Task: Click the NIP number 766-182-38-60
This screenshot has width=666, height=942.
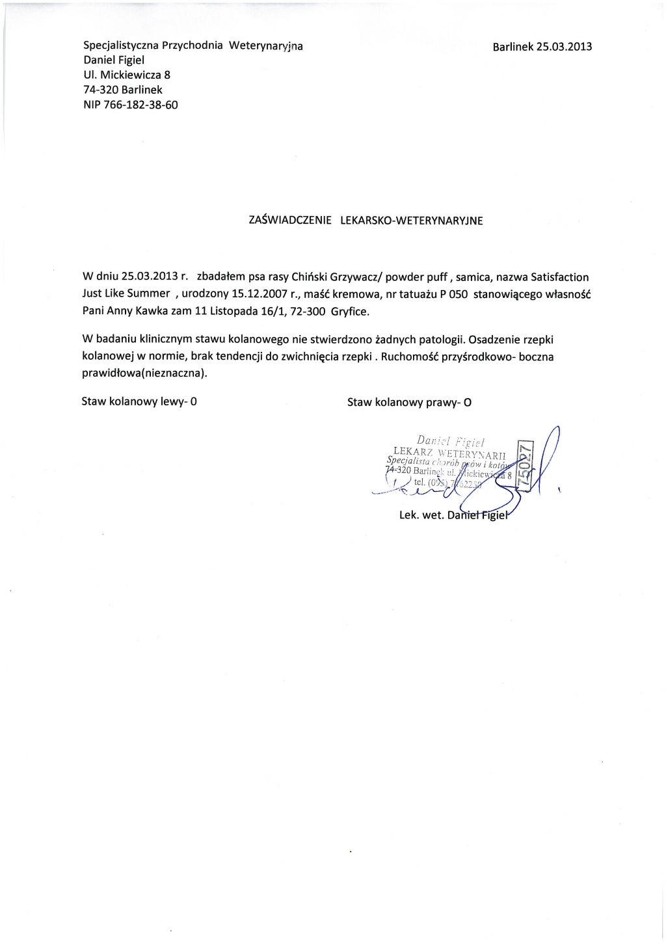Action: (140, 105)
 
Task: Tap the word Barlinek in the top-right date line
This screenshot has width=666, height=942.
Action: (513, 47)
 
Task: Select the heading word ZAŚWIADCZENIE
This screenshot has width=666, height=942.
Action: (290, 221)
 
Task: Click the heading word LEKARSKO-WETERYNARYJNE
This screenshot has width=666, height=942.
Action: (412, 221)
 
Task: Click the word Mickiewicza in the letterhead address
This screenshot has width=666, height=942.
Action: (130, 75)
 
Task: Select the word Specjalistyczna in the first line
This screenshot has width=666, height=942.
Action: (121, 46)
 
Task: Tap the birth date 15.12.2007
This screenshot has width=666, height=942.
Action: (260, 293)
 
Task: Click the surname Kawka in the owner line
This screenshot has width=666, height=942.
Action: (152, 310)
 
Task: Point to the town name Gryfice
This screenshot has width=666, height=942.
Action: (350, 311)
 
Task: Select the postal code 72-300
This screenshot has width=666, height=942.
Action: (308, 310)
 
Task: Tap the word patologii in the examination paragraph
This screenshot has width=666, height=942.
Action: (442, 339)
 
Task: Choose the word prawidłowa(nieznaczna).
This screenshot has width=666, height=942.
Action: (144, 373)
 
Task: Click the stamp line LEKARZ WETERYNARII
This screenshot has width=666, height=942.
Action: (449, 452)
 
